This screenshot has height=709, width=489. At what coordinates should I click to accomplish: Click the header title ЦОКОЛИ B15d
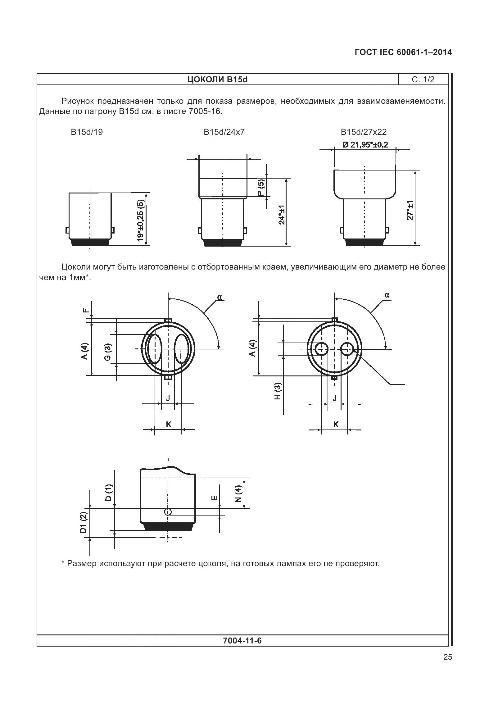point(217,80)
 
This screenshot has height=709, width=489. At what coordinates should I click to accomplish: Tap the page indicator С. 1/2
point(423,80)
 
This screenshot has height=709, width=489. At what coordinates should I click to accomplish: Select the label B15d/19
point(87,132)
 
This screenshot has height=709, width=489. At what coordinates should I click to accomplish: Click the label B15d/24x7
point(224,132)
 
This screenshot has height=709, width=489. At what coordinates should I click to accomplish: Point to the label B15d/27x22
point(364,132)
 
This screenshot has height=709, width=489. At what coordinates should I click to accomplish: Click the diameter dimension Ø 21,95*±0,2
point(365,145)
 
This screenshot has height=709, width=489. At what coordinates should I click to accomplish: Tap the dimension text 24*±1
point(282,215)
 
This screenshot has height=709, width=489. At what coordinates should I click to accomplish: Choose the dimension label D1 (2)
point(83,523)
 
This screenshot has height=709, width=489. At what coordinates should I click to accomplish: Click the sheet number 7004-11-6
point(242,641)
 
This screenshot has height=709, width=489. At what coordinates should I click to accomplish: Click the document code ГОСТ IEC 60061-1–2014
point(403,52)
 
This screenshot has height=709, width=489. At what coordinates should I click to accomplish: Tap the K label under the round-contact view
point(336,425)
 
